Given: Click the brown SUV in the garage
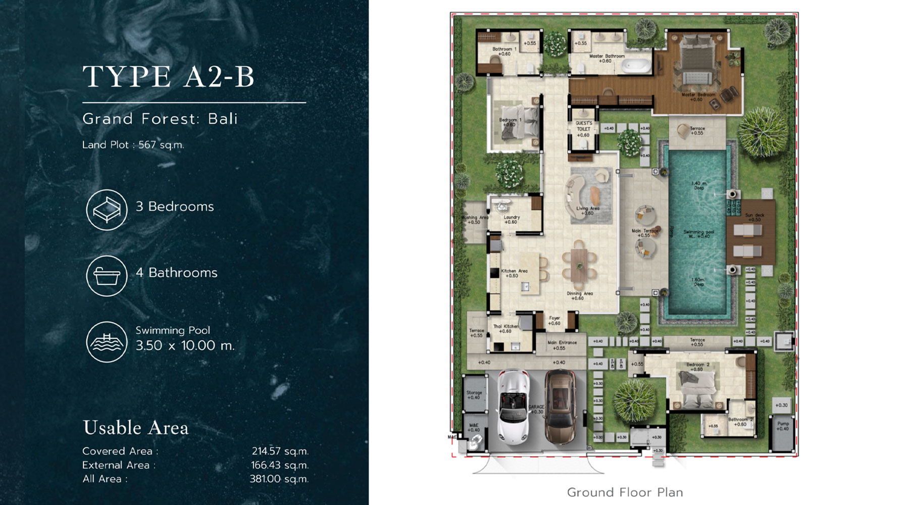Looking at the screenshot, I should coord(561,407).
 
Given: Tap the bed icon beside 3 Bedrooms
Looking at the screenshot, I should coord(107,210).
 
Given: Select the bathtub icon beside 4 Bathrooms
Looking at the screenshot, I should coord(107,276).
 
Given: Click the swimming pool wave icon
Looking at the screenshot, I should coord(107,342).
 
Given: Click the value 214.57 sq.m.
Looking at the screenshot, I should coord(280,451).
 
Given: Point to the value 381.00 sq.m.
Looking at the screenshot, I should coord(279,479).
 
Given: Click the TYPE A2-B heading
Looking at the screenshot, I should coord(169,77).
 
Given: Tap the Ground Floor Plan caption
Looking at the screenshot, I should coord(625,492).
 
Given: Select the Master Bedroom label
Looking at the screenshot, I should coord(698,96).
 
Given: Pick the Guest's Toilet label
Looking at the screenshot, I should coord(584,129).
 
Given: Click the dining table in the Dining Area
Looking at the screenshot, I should coord(579,265).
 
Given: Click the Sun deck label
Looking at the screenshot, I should coord(754,217).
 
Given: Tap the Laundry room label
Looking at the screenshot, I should coord(511,219).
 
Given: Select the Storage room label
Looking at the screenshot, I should coord(474,394).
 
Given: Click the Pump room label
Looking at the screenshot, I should coord(783,426).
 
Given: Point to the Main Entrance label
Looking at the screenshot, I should coord(562,345).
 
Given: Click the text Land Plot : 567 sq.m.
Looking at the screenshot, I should coord(133,145).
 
